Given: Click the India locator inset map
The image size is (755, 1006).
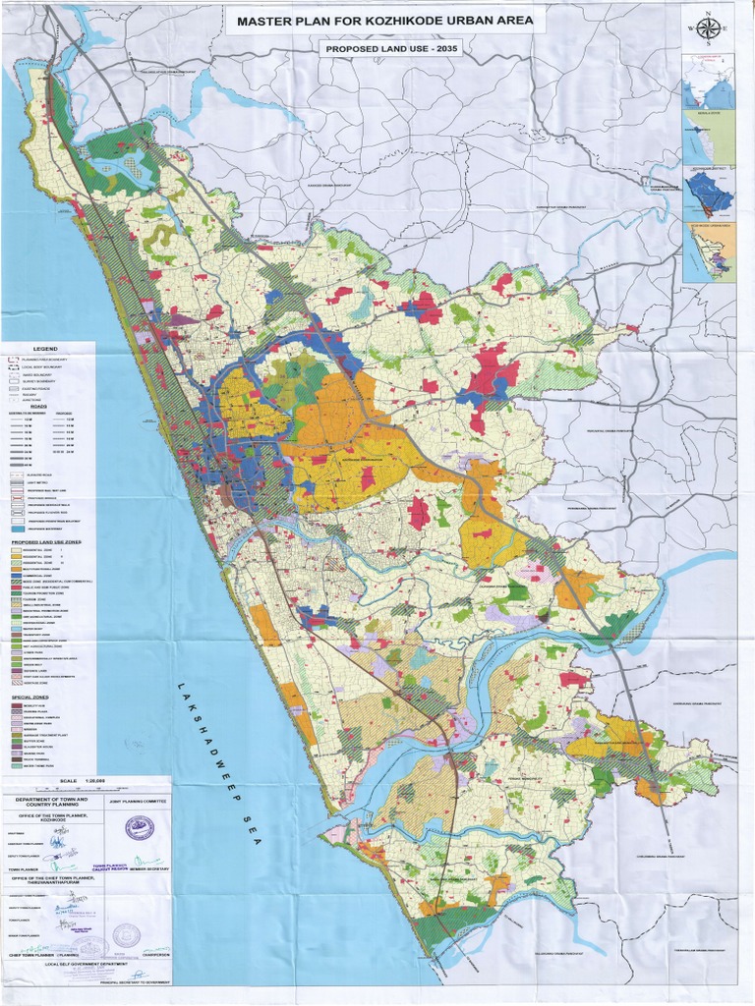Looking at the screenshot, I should pos(708,81).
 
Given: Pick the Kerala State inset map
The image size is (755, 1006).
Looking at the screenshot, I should pos(708,138).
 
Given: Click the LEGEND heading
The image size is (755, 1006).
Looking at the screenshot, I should pos(46,349).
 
